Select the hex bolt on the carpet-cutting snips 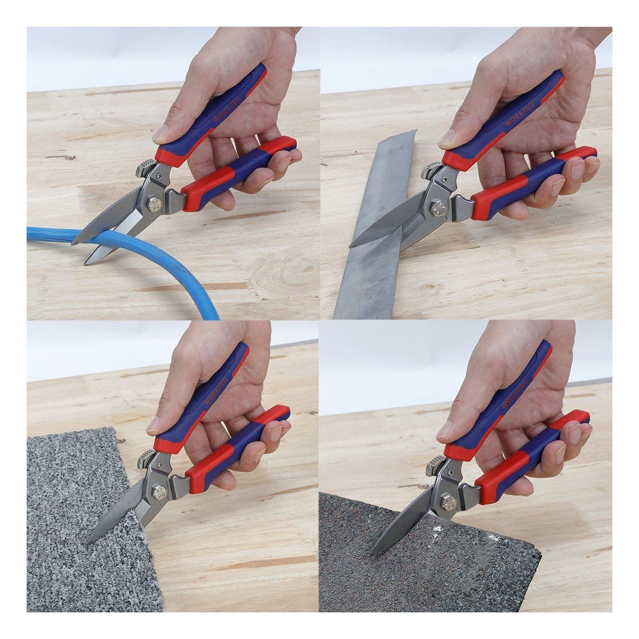coord(159,491)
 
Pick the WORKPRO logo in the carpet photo coord(216,390)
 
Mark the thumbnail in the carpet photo coord(154,425)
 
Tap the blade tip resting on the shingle coord(370,555)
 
